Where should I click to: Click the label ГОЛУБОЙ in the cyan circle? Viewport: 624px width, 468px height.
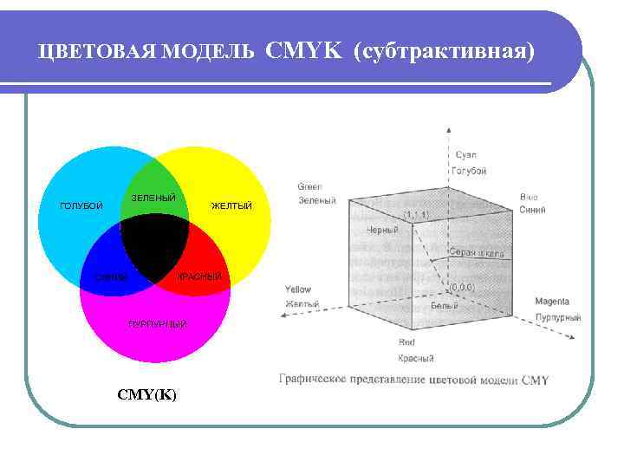(x=81, y=206)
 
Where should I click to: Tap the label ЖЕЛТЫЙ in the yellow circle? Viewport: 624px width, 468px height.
(x=231, y=206)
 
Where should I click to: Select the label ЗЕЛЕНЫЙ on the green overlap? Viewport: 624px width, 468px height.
(x=153, y=198)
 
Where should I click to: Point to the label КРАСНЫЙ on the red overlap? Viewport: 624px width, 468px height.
(x=199, y=276)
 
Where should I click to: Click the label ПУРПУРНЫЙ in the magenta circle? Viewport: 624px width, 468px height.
(x=157, y=324)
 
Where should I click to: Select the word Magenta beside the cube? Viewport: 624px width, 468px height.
(x=551, y=302)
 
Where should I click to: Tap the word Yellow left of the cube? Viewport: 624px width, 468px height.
(x=297, y=289)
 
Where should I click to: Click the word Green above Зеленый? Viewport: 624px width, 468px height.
(x=309, y=186)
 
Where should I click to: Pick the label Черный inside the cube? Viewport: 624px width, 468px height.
(x=382, y=231)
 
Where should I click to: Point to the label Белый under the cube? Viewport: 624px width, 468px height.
(x=445, y=306)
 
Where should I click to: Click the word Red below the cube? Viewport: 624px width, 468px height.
(x=406, y=342)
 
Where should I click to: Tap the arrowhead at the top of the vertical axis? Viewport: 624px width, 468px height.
(x=448, y=127)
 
